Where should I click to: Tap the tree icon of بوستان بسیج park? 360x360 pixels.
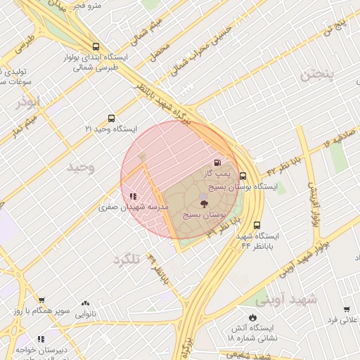pos(204,202)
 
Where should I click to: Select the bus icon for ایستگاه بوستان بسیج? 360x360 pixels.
pos(243,176)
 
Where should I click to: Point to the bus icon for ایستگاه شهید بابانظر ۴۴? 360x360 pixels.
pos(257,225)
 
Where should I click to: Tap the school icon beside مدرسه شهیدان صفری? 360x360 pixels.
pos(133,197)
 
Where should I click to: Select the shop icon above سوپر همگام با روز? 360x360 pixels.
pos(41,300)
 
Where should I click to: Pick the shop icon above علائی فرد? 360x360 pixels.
pos(346,309)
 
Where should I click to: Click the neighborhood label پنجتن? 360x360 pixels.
pos(317,75)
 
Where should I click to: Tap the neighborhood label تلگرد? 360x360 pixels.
pos(127,259)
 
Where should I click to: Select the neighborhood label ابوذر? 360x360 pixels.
pos(28,102)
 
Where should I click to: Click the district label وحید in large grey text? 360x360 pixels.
pos(81,167)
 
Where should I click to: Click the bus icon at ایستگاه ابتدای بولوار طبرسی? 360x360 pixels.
pos(96,46)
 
